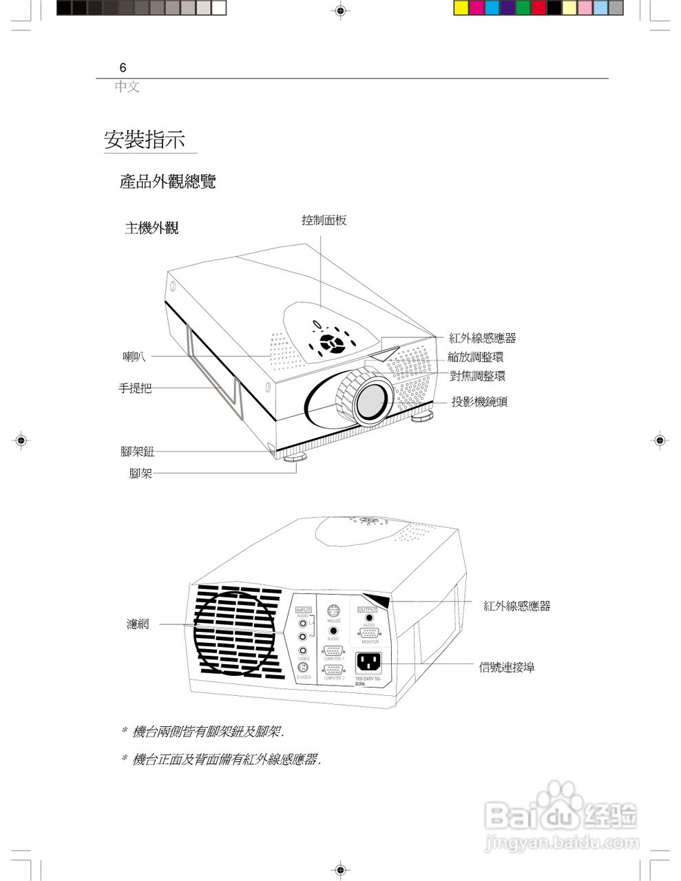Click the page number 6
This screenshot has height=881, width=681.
pos(123,67)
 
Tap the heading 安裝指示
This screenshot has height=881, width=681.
pos(145,140)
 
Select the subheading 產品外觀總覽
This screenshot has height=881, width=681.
pos(167,182)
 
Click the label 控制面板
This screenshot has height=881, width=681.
pos(324,220)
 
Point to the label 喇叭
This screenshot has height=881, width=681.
pos(134,356)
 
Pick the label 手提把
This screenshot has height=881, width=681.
pos(135,388)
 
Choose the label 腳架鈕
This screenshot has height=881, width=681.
pos(137,452)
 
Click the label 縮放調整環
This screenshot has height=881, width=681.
pos(476,357)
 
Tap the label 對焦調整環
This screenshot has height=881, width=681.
pos(477,376)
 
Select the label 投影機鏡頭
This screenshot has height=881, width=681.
pos(479,402)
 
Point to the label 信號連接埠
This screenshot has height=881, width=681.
pos(507,667)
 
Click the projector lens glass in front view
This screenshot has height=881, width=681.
pos(372,401)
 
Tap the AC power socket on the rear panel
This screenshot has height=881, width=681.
pos(368,662)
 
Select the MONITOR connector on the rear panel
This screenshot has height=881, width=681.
pos(370,633)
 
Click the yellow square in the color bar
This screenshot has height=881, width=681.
pos(461,8)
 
